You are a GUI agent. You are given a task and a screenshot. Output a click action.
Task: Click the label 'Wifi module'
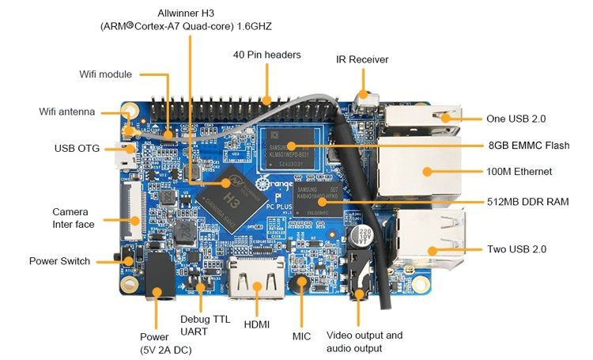(x=106, y=74)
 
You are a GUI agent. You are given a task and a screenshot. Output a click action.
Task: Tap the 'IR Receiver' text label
(x=362, y=59)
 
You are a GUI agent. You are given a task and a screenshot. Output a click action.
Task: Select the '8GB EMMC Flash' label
(x=527, y=146)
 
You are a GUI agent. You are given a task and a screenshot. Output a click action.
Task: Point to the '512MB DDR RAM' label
(x=528, y=203)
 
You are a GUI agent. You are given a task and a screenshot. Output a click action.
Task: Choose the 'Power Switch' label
(x=59, y=261)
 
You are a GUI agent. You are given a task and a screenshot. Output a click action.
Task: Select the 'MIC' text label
(x=301, y=336)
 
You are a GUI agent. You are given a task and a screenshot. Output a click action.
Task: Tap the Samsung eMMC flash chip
(x=291, y=146)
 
